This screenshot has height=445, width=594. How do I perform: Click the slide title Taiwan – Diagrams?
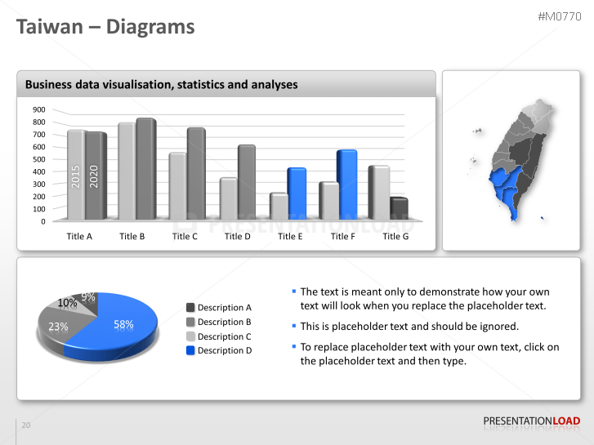click(x=106, y=27)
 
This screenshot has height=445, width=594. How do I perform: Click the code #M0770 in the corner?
click(x=560, y=16)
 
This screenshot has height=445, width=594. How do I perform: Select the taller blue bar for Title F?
click(x=347, y=184)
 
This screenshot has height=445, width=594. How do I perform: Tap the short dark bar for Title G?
click(x=399, y=208)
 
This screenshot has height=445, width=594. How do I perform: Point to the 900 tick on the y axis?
click(x=39, y=109)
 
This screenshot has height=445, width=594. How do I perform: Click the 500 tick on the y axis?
click(x=39, y=159)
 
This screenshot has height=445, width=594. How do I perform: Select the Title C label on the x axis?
click(x=185, y=237)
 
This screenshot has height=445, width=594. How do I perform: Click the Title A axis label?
click(x=79, y=237)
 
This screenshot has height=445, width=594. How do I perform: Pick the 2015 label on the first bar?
click(x=75, y=177)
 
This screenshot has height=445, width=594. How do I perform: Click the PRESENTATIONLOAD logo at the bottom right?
click(x=531, y=421)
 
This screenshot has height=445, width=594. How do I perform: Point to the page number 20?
click(x=26, y=425)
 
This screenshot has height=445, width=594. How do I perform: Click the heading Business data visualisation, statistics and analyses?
click(x=161, y=84)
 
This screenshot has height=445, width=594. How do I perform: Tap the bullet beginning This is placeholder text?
click(x=409, y=326)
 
